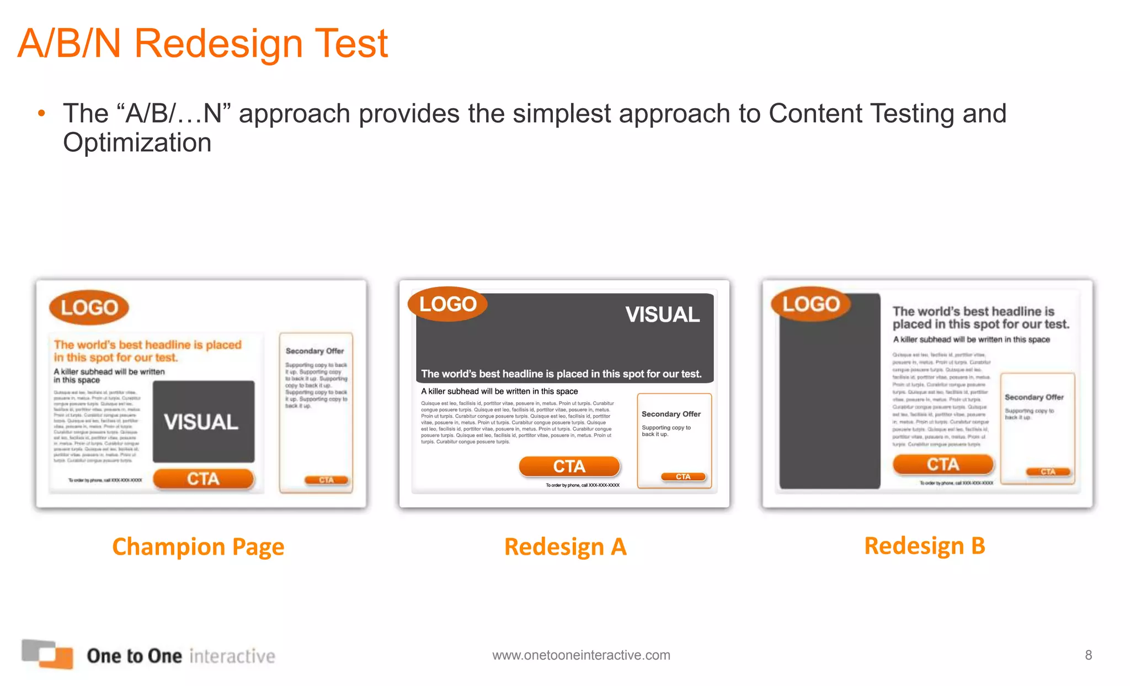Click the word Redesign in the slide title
click(x=218, y=44)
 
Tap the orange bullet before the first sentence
click(x=41, y=114)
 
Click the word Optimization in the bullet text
click(x=137, y=143)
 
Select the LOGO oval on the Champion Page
click(x=89, y=307)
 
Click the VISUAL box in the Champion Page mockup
click(x=203, y=422)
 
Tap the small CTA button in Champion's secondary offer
click(x=327, y=480)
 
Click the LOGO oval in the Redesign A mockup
click(x=447, y=304)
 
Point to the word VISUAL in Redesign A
click(x=662, y=315)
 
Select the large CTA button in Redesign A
click(x=569, y=466)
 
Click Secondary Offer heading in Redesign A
click(x=671, y=414)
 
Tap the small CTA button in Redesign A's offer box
click(x=683, y=476)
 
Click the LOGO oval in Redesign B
click(x=811, y=304)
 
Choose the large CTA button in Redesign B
click(x=943, y=464)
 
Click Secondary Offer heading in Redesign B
click(x=1034, y=397)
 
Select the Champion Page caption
click(x=198, y=546)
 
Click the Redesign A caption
click(x=565, y=546)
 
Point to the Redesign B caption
click(x=924, y=545)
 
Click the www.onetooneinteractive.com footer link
click(x=581, y=655)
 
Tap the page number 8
click(x=1088, y=655)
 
